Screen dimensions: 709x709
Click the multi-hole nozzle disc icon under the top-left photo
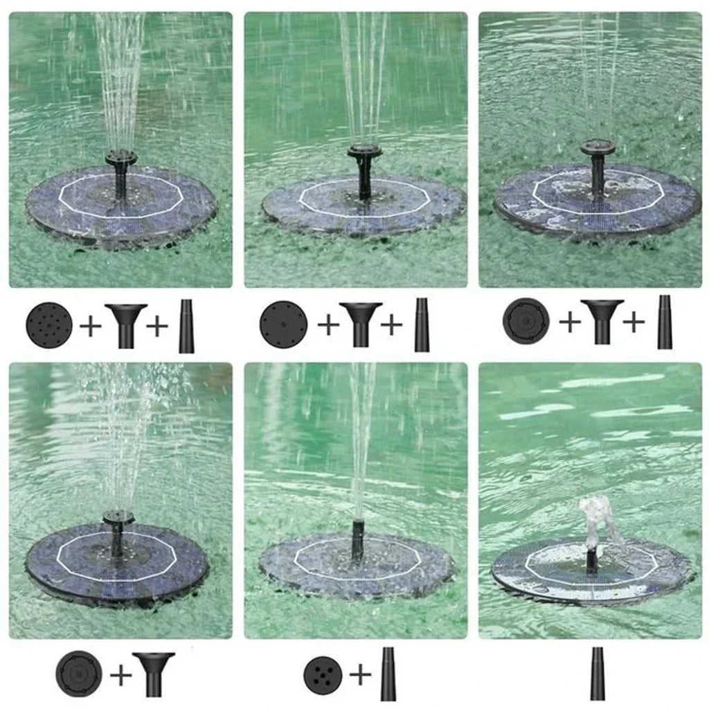[49, 324]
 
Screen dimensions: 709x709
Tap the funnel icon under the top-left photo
[125, 324]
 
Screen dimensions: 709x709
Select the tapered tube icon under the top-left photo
[186, 325]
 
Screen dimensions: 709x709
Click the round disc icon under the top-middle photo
[283, 324]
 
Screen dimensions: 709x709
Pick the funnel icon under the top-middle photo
[360, 324]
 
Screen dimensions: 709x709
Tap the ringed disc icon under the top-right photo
[526, 321]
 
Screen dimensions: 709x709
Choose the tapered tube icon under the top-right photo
[665, 322]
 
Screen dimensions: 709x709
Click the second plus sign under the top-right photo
[634, 322]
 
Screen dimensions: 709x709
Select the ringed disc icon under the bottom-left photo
[79, 674]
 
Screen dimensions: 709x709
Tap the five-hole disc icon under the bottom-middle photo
[323, 675]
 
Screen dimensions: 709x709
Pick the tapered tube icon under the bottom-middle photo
[388, 674]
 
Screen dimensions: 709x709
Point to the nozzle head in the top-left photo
[121, 157]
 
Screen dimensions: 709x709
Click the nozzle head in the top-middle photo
[364, 151]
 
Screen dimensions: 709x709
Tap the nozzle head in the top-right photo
[598, 147]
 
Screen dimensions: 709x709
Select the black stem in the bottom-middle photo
[357, 539]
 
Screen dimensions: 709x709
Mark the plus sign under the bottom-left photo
[121, 674]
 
